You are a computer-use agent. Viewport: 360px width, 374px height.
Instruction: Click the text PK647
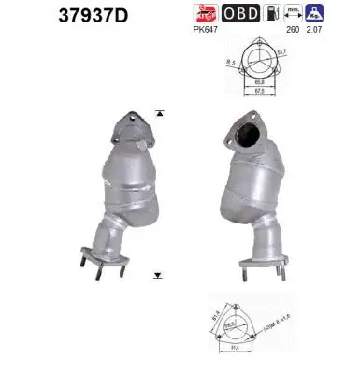coord(207,30)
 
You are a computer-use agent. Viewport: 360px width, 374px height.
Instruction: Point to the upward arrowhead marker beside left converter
coord(160,112)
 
